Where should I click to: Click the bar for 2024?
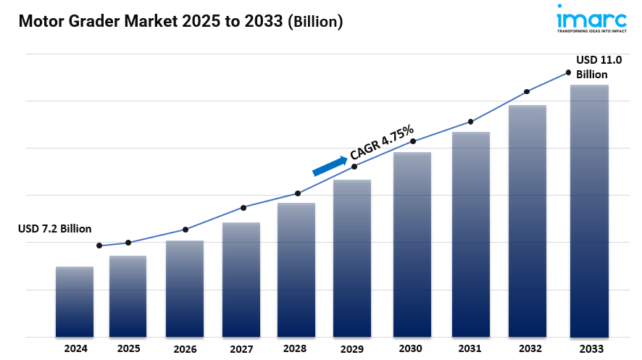click(x=75, y=301)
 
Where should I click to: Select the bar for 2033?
click(x=588, y=211)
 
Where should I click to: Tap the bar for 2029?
click(x=352, y=258)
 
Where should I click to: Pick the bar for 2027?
click(x=241, y=280)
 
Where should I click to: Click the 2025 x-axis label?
click(x=128, y=348)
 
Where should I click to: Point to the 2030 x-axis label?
click(x=412, y=349)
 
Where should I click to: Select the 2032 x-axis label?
click(x=528, y=349)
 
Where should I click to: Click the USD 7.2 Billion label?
click(x=54, y=229)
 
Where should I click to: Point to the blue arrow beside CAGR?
click(x=330, y=166)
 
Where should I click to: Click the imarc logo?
click(x=591, y=19)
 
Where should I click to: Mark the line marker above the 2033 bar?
click(x=569, y=72)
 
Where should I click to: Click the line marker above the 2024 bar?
click(x=99, y=246)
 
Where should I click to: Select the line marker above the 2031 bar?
click(x=471, y=122)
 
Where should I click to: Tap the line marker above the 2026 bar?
click(x=185, y=230)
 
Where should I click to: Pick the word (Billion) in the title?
click(x=315, y=22)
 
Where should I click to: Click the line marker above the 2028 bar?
click(x=297, y=193)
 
